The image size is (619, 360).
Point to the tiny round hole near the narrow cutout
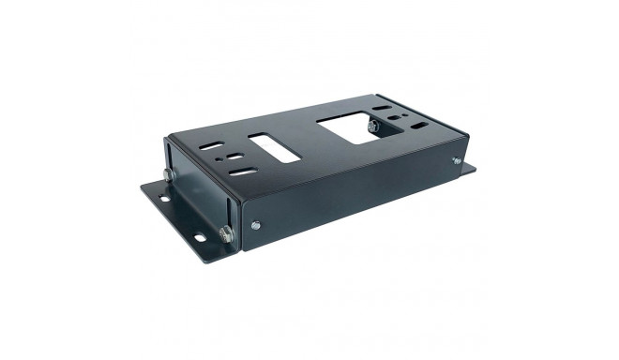point(219,160)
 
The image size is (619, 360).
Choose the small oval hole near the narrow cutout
point(234,158)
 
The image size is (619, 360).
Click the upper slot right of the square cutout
point(380,111)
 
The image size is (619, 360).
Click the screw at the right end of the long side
point(457,161)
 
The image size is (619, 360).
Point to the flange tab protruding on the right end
point(467,170)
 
